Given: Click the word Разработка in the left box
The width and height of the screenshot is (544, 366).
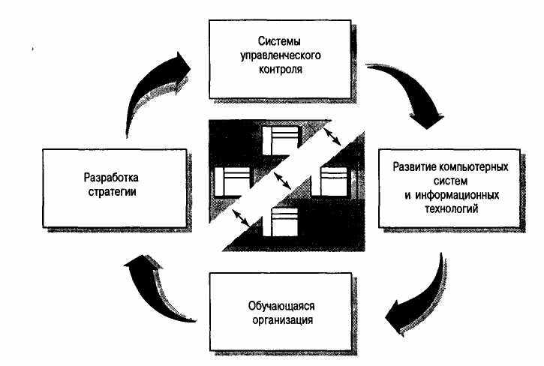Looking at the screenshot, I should pos(113,178).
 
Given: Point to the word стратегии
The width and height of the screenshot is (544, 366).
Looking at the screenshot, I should pos(113,193).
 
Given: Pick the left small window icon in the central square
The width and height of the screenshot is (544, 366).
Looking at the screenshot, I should pos(231,181).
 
